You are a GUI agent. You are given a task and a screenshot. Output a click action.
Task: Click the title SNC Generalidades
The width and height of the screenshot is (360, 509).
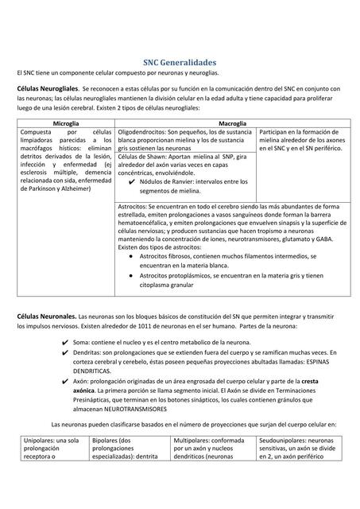point(180,61)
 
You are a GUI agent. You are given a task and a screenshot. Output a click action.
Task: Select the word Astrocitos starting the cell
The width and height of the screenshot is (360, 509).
point(134,205)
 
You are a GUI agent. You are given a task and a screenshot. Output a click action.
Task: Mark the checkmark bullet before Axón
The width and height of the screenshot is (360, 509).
point(64,381)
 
